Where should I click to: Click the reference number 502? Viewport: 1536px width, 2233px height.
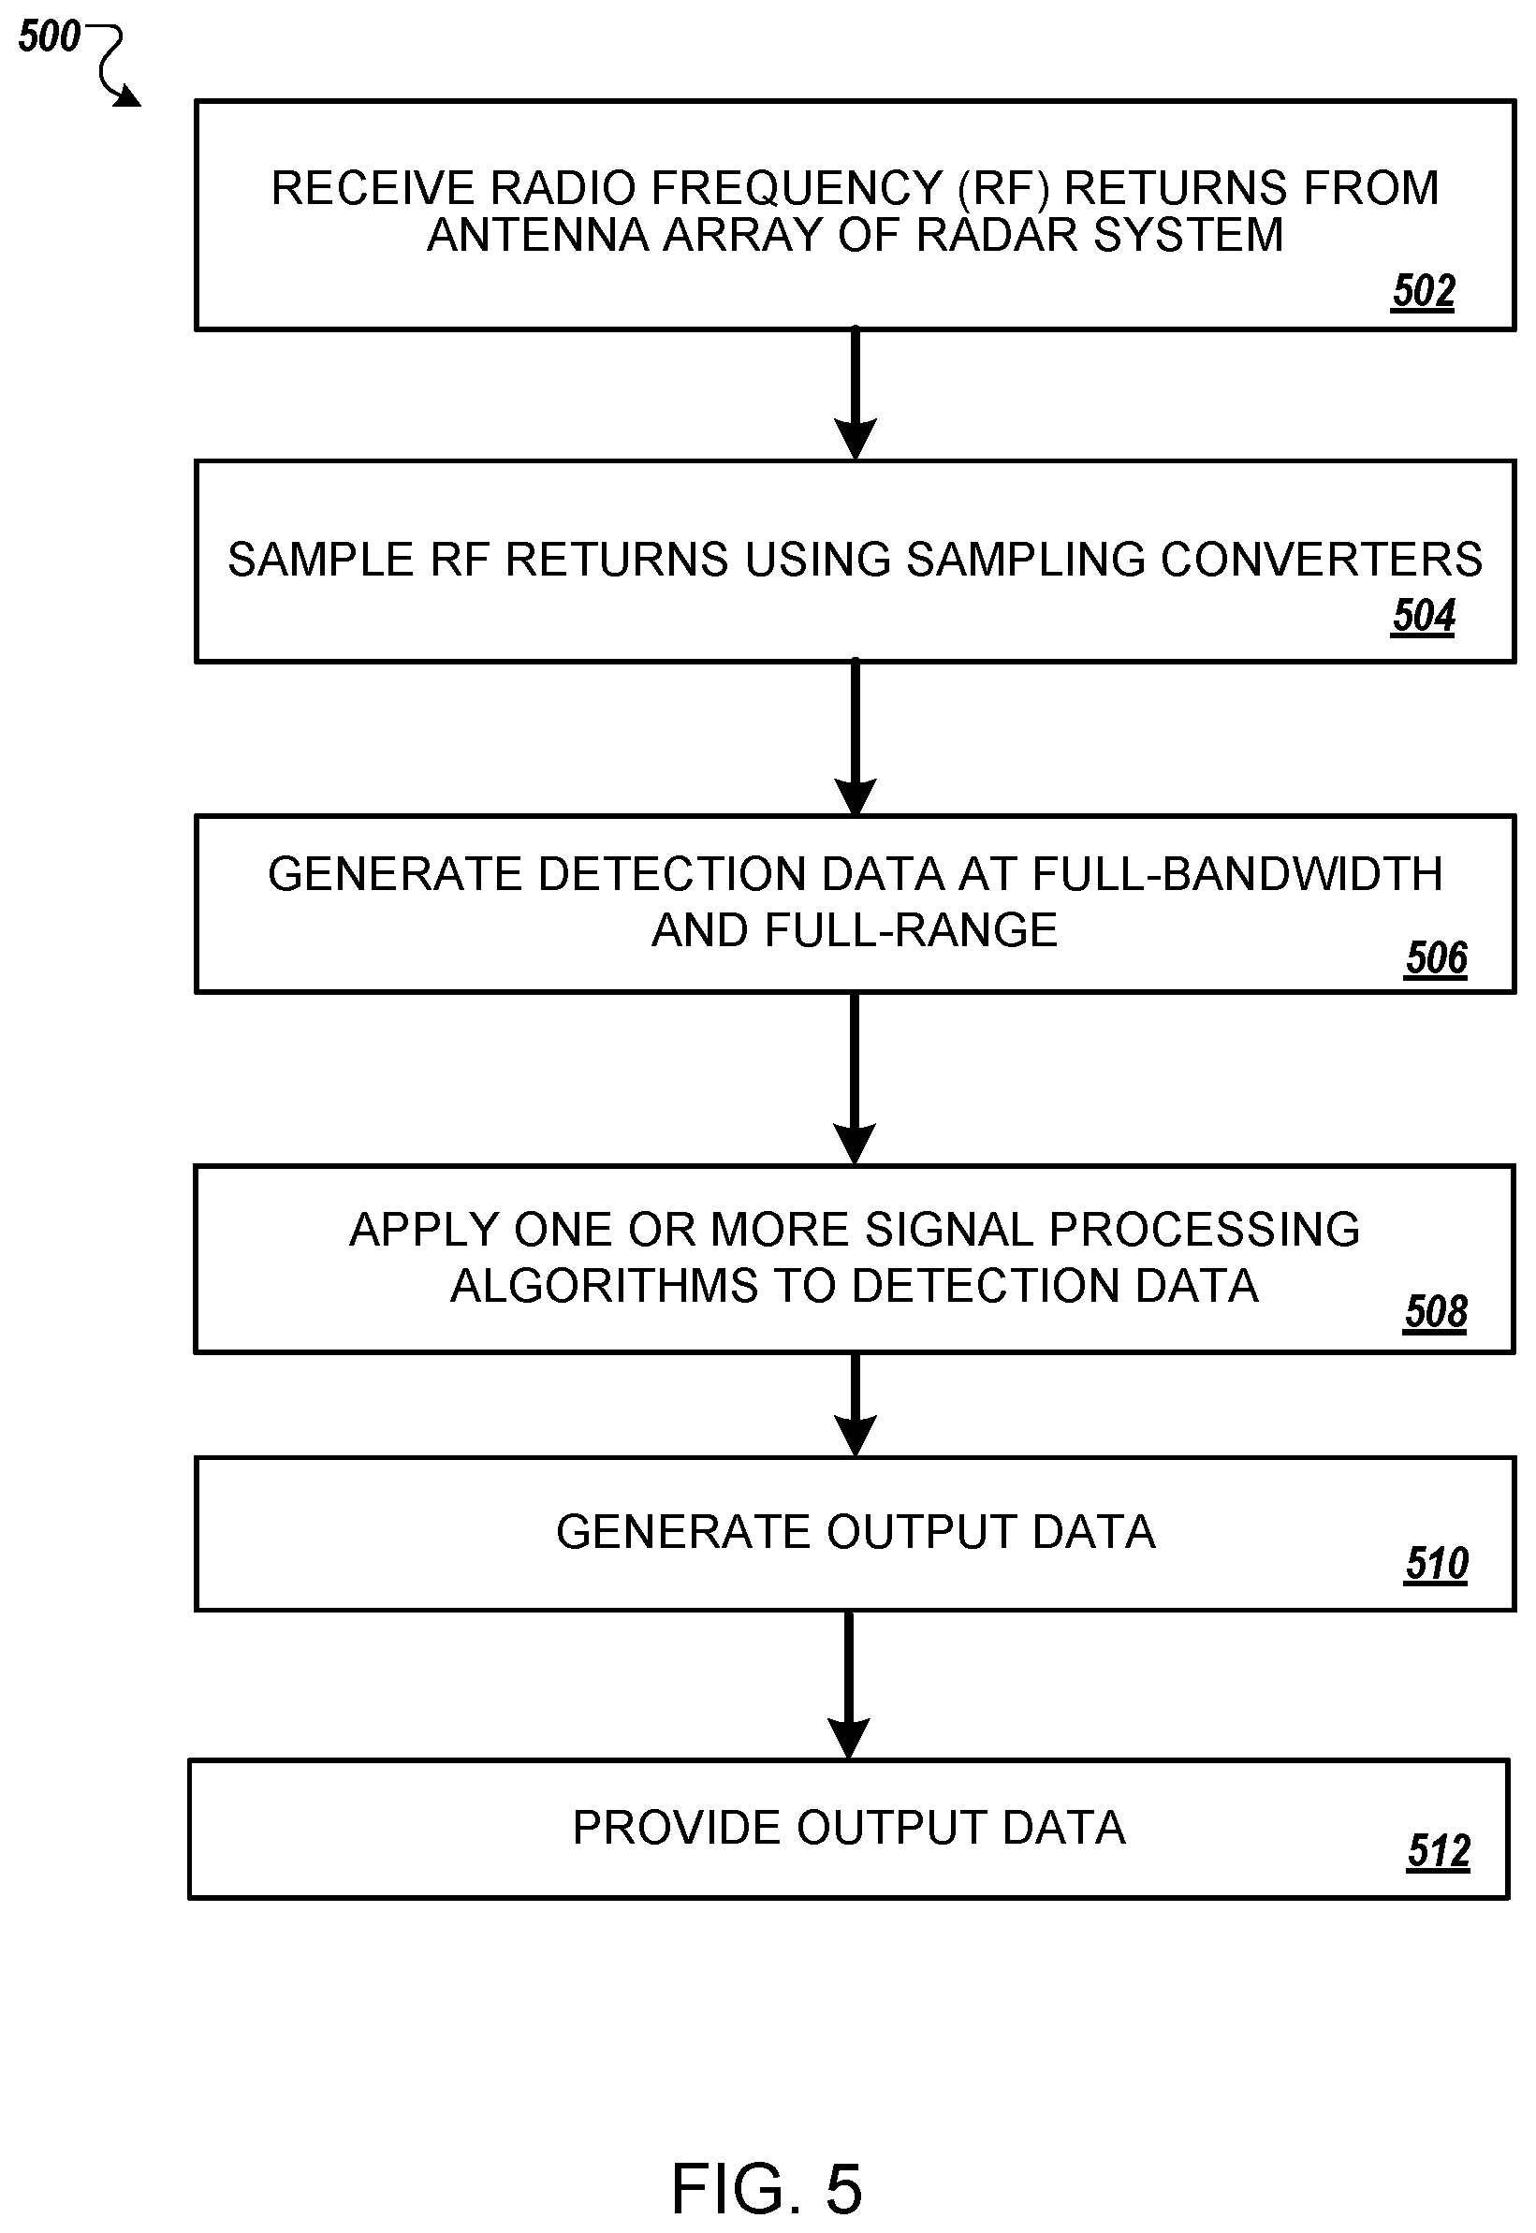(x=1424, y=290)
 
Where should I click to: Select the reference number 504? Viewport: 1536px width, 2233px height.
(x=1424, y=616)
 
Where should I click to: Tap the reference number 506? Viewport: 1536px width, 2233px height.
(x=1436, y=958)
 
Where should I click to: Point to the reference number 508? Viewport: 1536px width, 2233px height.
(x=1436, y=1312)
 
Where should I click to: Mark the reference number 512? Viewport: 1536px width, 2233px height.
(x=1439, y=1851)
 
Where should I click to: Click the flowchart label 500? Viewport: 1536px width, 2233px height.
(x=49, y=36)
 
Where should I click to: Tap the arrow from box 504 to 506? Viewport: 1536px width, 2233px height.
(x=855, y=737)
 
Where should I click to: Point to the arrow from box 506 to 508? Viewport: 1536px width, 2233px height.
(x=855, y=1078)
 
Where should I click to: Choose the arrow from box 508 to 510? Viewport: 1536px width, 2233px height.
(x=855, y=1405)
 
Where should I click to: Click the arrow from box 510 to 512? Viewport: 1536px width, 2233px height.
(x=849, y=1685)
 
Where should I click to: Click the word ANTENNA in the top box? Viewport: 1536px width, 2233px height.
(x=538, y=235)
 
